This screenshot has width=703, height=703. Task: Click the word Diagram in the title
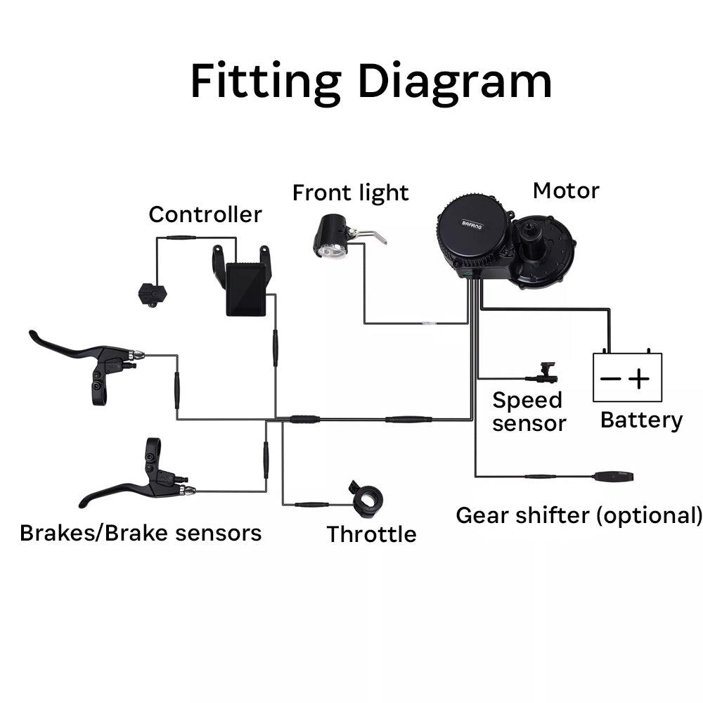(455, 82)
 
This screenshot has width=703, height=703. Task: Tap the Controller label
(205, 214)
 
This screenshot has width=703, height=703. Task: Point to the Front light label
(350, 193)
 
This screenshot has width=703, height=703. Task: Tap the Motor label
(566, 191)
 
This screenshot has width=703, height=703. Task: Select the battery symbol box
(627, 378)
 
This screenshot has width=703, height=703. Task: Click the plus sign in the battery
(639, 380)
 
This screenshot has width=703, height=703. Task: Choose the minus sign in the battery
(610, 380)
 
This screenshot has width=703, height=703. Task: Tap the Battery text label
(641, 420)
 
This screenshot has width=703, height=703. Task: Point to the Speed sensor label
(529, 411)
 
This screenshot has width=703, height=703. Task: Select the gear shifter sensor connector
(614, 476)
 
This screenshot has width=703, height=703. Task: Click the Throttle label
(371, 534)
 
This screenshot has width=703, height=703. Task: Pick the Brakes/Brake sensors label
(141, 533)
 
